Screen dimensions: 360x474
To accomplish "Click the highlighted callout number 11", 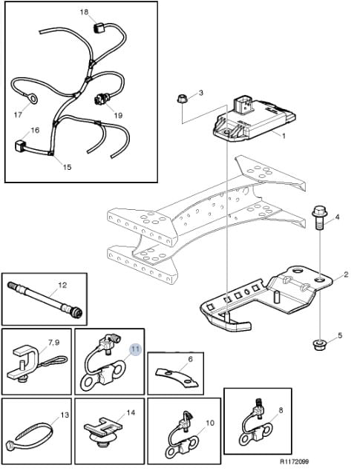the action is click(x=136, y=349).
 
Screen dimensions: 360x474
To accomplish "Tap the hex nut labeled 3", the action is click(x=182, y=99).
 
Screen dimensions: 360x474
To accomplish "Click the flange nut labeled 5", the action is click(x=319, y=345).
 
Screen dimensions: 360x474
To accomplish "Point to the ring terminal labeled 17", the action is click(x=31, y=98).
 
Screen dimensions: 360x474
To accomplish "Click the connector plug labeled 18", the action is click(x=98, y=28).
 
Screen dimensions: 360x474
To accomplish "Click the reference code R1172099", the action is click(x=294, y=461).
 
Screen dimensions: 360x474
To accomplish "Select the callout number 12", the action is click(x=62, y=286).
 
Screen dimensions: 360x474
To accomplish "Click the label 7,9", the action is click(x=54, y=343).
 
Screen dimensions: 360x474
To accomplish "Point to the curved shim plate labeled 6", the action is click(x=177, y=377).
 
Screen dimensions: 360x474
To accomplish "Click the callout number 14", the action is click(x=131, y=412).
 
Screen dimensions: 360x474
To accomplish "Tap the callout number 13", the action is click(x=65, y=415).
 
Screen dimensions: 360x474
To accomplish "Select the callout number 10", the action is click(x=210, y=424).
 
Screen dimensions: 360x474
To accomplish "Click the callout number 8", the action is click(x=281, y=410).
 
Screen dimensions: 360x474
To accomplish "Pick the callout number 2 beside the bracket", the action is click(x=346, y=274).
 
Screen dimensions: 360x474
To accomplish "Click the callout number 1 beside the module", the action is click(x=284, y=136).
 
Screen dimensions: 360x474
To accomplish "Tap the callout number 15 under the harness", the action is click(x=67, y=167).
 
